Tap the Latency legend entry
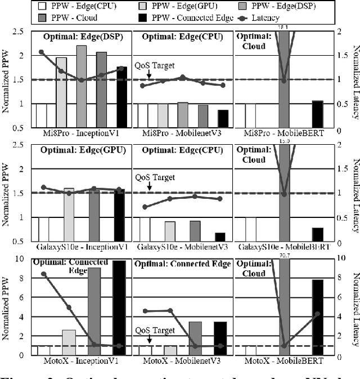(x=259, y=18)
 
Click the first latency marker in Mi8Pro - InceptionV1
(x=41, y=52)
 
